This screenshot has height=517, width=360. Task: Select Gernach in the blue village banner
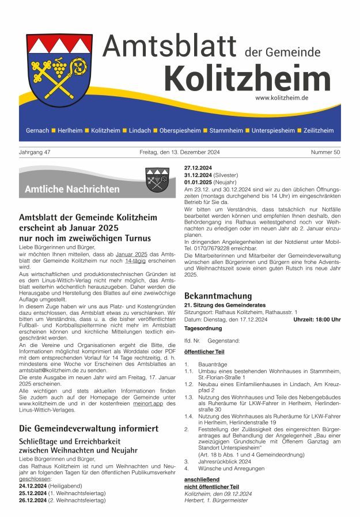[x=37, y=131]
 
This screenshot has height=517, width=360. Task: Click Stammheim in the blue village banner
[x=226, y=131]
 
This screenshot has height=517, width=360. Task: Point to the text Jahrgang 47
[x=35, y=153]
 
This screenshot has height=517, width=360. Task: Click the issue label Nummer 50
[x=326, y=153]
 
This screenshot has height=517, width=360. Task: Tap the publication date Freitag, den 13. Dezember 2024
[x=179, y=153]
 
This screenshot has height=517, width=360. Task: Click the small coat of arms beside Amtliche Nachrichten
[x=157, y=179]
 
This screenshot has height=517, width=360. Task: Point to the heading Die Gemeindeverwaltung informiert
[x=89, y=428]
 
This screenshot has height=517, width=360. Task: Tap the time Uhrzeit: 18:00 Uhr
[x=317, y=319]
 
